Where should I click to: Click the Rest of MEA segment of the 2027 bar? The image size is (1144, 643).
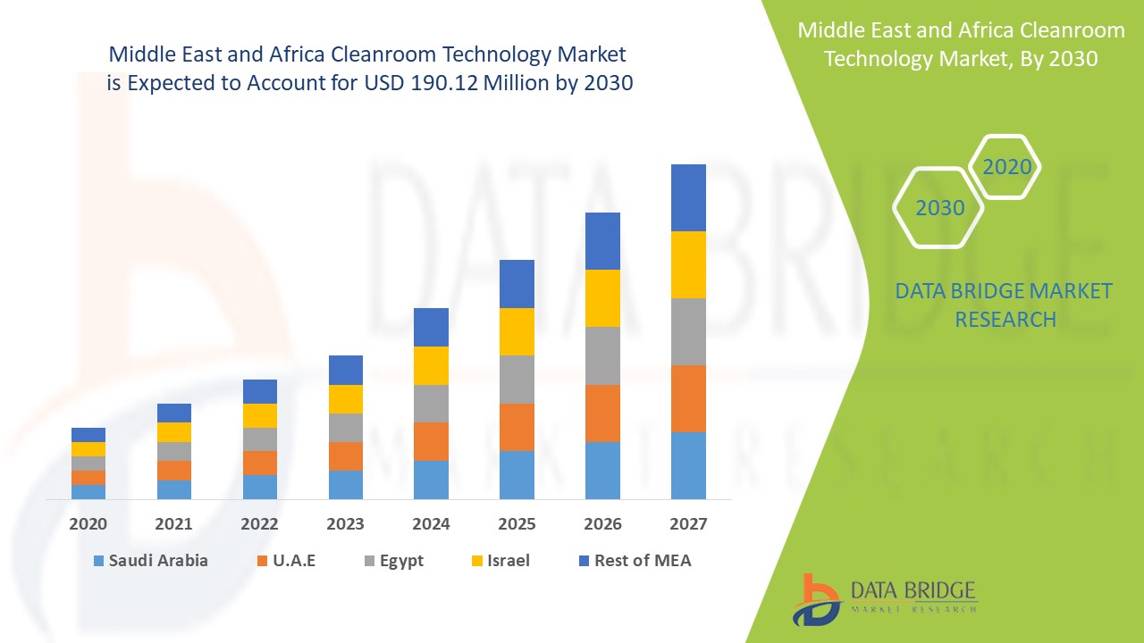click(x=688, y=197)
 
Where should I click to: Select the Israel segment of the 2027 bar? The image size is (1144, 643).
click(x=688, y=264)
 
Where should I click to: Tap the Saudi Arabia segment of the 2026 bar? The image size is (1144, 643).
click(x=602, y=470)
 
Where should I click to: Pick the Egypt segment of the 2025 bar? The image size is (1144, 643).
click(x=517, y=380)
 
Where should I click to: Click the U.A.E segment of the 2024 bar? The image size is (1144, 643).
click(x=431, y=441)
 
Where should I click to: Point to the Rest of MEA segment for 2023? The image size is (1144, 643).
click(x=346, y=370)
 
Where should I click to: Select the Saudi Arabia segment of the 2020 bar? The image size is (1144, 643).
click(x=88, y=491)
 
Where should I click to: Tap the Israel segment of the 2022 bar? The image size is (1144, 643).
click(x=260, y=415)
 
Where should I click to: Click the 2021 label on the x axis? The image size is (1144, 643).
click(x=174, y=524)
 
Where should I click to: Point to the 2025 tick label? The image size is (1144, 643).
click(x=517, y=524)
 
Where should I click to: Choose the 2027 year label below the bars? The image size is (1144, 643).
click(x=688, y=524)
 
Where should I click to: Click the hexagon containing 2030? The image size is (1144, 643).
click(x=939, y=208)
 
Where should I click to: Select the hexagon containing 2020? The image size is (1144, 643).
click(x=1006, y=167)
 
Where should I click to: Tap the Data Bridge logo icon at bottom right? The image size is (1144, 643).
click(x=815, y=599)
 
